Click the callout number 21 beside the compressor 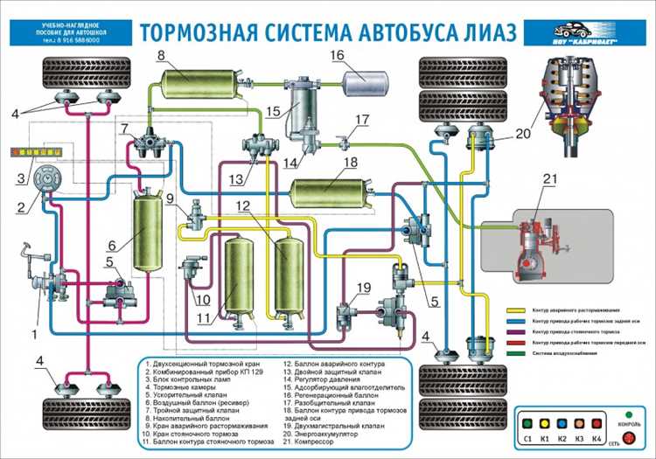coord(548,181)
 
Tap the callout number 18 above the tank coord(350,163)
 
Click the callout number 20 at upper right coord(522,134)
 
